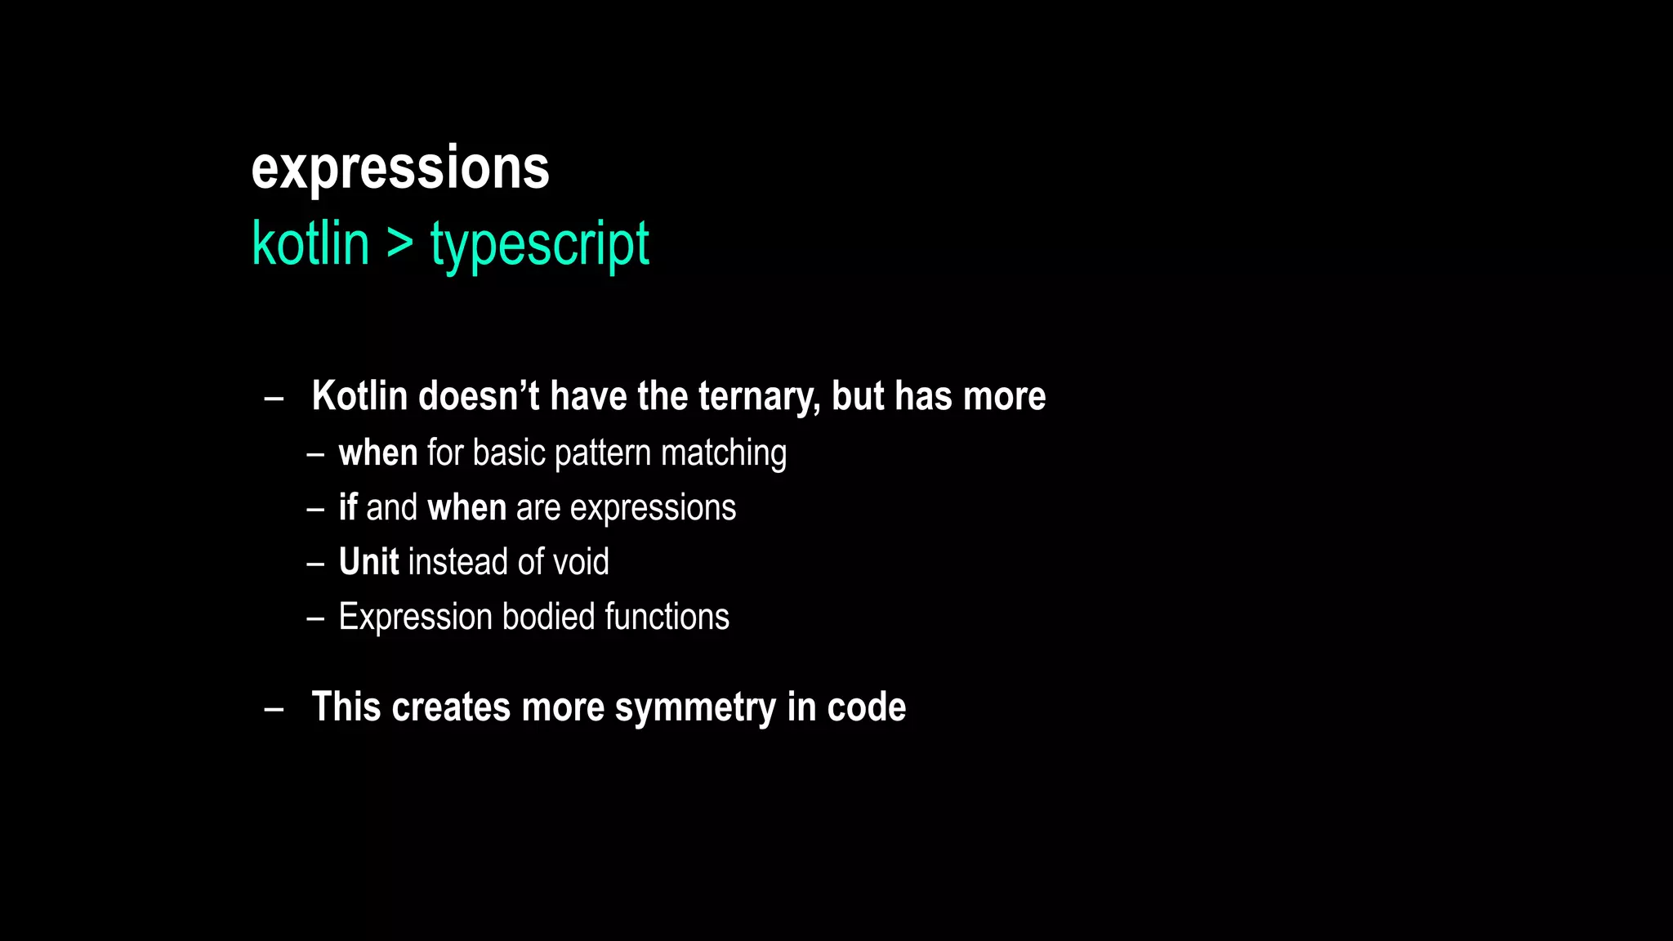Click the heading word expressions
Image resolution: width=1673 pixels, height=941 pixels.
click(399, 170)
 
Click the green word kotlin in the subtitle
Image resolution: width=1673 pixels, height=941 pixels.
click(310, 244)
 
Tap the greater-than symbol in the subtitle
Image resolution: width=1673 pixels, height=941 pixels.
click(399, 243)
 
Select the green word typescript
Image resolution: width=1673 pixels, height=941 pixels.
click(539, 244)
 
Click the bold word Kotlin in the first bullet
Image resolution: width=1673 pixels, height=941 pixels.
click(359, 396)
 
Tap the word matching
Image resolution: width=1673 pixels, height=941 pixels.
click(723, 453)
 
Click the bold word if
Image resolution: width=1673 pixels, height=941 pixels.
click(348, 507)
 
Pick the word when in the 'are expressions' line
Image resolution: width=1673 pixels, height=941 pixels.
click(466, 507)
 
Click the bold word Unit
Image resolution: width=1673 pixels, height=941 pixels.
click(368, 562)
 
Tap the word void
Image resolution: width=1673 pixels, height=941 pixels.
click(581, 562)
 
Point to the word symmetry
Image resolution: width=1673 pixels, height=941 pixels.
click(694, 707)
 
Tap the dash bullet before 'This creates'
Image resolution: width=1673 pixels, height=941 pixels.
click(274, 709)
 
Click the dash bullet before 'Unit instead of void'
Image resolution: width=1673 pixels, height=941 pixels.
click(315, 564)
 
